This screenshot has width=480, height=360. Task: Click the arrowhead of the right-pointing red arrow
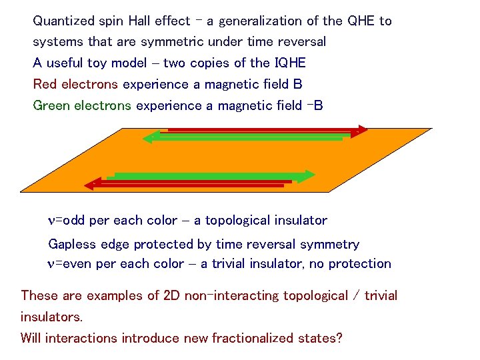361,130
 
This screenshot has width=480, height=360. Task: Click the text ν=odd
66,221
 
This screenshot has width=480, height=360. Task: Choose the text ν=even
69,264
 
